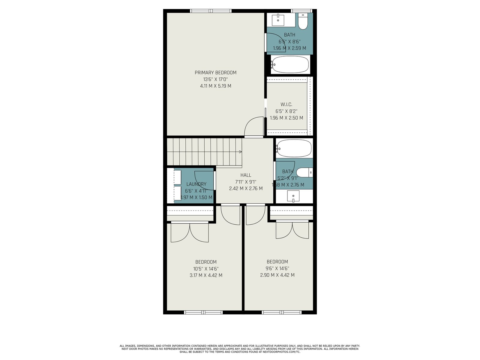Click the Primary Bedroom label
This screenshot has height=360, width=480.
(x=215, y=73)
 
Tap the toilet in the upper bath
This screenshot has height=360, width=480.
(x=303, y=21)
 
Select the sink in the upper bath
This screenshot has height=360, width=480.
(x=278, y=20)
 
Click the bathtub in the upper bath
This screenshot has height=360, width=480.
(x=290, y=64)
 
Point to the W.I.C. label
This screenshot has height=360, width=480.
(x=286, y=104)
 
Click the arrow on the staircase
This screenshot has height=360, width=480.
(x=240, y=152)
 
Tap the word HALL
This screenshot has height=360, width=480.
(x=246, y=175)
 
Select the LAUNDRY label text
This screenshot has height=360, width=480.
(x=196, y=184)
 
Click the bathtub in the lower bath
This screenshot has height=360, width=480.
(x=294, y=148)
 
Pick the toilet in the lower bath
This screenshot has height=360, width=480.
(x=304, y=172)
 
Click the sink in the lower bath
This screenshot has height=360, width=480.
(x=293, y=196)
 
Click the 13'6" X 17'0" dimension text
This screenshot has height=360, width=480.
(x=215, y=79)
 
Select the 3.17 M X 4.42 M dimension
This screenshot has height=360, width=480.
(x=206, y=275)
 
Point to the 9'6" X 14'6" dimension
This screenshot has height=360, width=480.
(x=277, y=268)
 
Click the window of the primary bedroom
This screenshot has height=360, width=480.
(x=211, y=11)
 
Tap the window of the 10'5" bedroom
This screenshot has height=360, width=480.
(x=203, y=313)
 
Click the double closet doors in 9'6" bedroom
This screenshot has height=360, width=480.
(x=292, y=229)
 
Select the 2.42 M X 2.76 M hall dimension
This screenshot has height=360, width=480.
(x=246, y=188)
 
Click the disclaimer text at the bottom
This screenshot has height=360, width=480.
(x=240, y=349)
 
